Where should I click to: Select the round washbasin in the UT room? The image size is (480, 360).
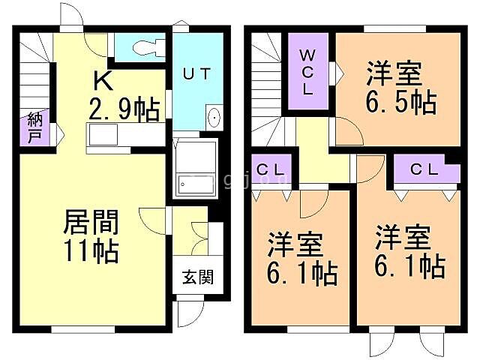click(x=214, y=118)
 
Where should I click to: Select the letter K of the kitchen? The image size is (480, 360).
click(x=103, y=79)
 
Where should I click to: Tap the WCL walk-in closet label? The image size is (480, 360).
click(x=308, y=72)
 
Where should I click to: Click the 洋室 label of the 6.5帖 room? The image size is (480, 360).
click(x=394, y=75)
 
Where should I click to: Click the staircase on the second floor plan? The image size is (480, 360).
click(x=267, y=82)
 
